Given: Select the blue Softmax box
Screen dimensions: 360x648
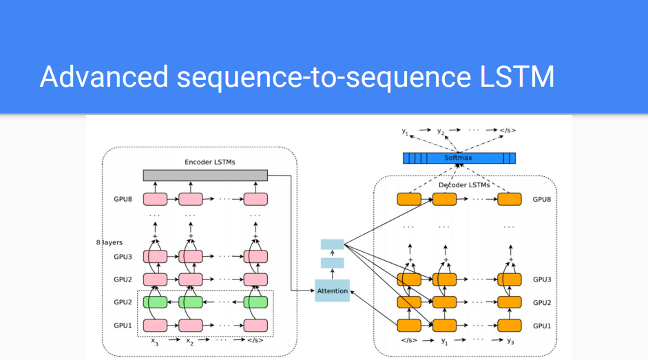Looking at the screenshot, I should pos(459,158).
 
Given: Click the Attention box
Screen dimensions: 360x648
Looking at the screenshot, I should pos(333,291).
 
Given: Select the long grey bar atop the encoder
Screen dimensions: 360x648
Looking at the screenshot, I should pos(205,176).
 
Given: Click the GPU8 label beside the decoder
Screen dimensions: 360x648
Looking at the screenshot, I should pos(542,200).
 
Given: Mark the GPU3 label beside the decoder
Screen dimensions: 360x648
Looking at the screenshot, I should pos(542,280).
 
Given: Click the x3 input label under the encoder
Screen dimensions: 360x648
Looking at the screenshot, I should pos(155,341).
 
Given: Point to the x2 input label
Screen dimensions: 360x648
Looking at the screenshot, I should pos(189,341).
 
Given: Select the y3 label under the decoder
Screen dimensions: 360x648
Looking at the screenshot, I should pos(510,341).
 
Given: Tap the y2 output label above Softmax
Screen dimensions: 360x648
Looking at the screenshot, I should pos(440,130).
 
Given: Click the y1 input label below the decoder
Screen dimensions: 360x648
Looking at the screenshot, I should pos(445,341).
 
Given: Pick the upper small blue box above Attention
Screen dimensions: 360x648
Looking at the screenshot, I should pos(333,244).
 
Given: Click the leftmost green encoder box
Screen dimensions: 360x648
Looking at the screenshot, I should pos(155,302).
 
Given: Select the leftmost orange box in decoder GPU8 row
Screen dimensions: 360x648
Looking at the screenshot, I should pos(409,200).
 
